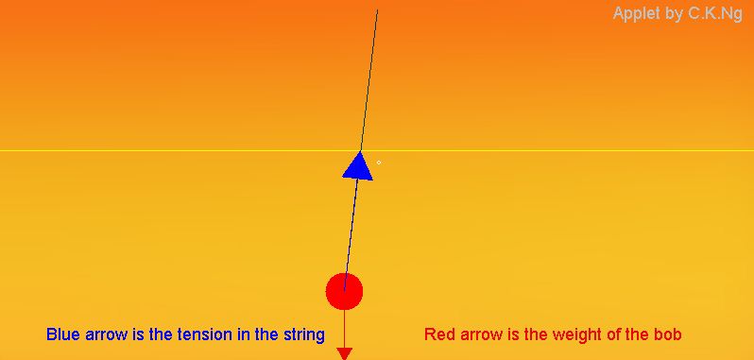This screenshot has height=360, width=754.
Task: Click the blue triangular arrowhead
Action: [x=358, y=165]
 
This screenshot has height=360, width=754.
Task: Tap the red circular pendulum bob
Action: [x=344, y=291]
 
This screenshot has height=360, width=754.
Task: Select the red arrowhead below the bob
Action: [x=345, y=353]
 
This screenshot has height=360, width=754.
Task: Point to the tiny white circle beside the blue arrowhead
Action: [x=379, y=163]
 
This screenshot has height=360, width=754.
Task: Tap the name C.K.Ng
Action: [x=715, y=13]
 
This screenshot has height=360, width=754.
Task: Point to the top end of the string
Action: [x=378, y=10]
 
